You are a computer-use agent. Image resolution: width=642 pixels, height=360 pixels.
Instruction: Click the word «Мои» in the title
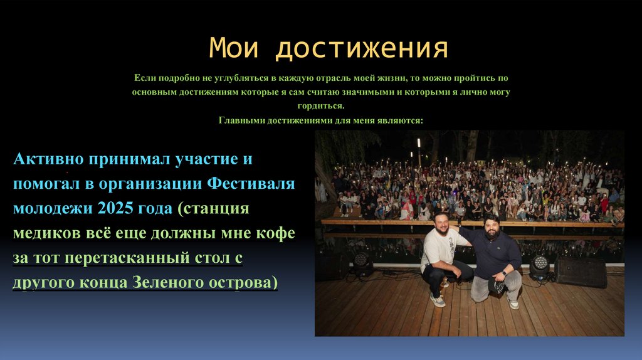233,48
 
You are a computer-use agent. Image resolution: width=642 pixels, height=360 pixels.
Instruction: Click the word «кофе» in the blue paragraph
273,233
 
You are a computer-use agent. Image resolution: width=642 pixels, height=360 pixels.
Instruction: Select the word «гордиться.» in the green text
321,106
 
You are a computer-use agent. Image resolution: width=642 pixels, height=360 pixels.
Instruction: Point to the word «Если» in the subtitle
144,78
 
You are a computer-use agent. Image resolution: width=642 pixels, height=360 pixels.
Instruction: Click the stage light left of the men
362,263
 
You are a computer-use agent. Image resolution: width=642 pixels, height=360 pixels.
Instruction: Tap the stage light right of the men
539,267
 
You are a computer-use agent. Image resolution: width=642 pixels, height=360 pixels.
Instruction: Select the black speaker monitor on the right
581,271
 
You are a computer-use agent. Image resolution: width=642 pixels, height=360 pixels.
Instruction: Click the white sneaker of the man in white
437,300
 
